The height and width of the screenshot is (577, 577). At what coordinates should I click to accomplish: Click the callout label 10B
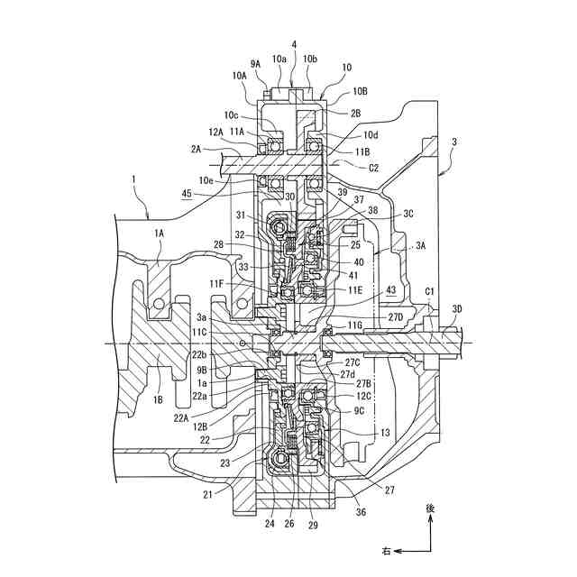[x=360, y=91]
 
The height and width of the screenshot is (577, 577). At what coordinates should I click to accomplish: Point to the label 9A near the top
[x=255, y=63]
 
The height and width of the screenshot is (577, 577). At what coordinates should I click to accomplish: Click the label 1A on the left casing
[x=160, y=233]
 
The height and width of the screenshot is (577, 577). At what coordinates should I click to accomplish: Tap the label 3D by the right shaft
[x=457, y=310]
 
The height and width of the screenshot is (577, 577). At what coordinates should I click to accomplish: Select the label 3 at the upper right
[x=453, y=142]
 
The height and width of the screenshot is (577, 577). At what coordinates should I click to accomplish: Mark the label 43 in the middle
[x=390, y=289]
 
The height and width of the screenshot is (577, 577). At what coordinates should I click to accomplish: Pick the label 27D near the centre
[x=396, y=317]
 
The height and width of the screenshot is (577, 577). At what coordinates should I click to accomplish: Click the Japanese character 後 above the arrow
[x=430, y=508]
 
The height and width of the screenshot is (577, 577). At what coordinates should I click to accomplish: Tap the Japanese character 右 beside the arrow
[x=386, y=550]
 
